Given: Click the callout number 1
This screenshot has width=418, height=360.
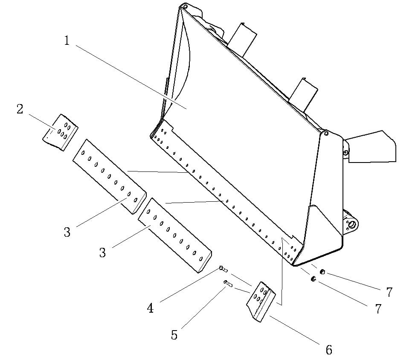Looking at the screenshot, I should pos(67,41).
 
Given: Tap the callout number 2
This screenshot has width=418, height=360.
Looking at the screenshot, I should pos(20,110).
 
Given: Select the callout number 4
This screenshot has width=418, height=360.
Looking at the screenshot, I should pos(150,308).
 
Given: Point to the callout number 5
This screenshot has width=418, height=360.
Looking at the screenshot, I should pos(174,335).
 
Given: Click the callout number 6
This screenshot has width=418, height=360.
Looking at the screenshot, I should pos(328,350).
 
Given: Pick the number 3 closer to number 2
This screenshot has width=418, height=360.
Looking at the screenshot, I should pos(67,232).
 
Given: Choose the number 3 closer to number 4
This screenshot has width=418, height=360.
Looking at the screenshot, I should pos(102,252).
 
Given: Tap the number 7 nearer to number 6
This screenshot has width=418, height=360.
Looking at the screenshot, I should pos(378,309).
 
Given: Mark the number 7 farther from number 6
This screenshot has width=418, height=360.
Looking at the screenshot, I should pos(389,293).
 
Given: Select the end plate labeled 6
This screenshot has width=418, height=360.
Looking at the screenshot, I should pos(260,302).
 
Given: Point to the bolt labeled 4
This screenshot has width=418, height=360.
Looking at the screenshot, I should pos(223,269).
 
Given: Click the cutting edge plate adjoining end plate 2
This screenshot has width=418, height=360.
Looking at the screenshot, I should pos(109,175).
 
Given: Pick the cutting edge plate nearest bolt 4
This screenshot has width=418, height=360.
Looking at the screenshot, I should pos(175,234).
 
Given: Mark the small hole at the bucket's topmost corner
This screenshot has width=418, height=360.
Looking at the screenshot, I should pos(186,6).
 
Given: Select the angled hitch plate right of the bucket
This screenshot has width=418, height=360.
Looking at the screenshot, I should pos(371,146).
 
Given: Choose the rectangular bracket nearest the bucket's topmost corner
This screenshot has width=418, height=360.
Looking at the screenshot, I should pos(242,39).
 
